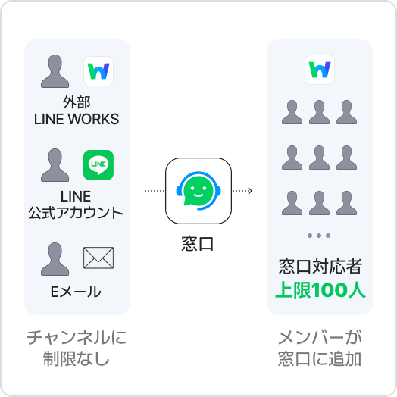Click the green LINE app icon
[98, 165]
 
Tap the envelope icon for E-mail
[98, 258]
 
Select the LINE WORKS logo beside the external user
[98, 71]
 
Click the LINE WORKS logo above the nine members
[320, 70]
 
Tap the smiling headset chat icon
[198, 191]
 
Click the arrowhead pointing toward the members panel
[250, 191]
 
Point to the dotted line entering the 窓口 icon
[155, 191]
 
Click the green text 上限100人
[320, 289]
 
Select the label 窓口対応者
[320, 267]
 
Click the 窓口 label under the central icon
[198, 243]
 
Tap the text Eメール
[76, 292]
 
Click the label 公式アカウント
[76, 213]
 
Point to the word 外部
[77, 102]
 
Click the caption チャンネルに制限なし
[77, 349]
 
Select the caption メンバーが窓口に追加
[320, 349]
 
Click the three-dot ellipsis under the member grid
[319, 236]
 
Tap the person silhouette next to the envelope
[55, 259]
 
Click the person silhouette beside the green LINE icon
[55, 165]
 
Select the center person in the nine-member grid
[319, 158]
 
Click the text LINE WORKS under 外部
[77, 119]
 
